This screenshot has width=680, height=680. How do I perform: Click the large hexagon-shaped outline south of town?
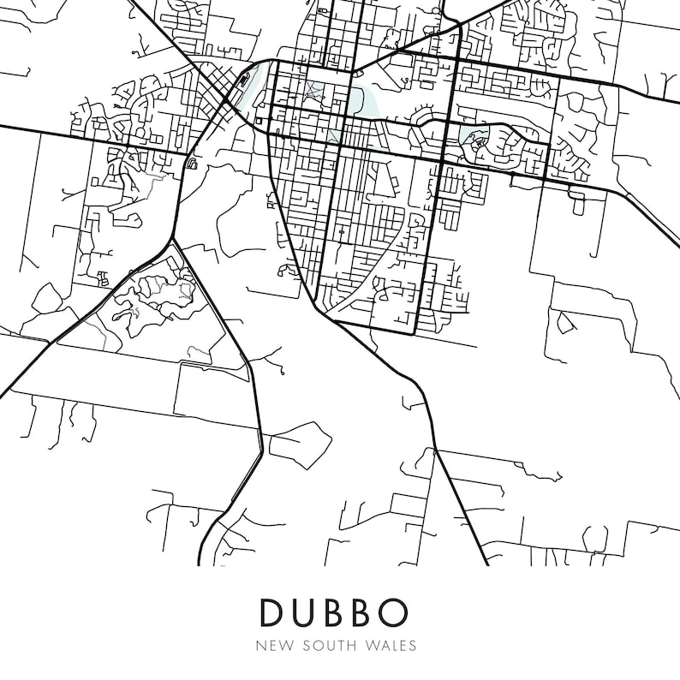tap(300, 440)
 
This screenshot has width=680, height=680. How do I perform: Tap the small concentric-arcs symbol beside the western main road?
tap(192, 163)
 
